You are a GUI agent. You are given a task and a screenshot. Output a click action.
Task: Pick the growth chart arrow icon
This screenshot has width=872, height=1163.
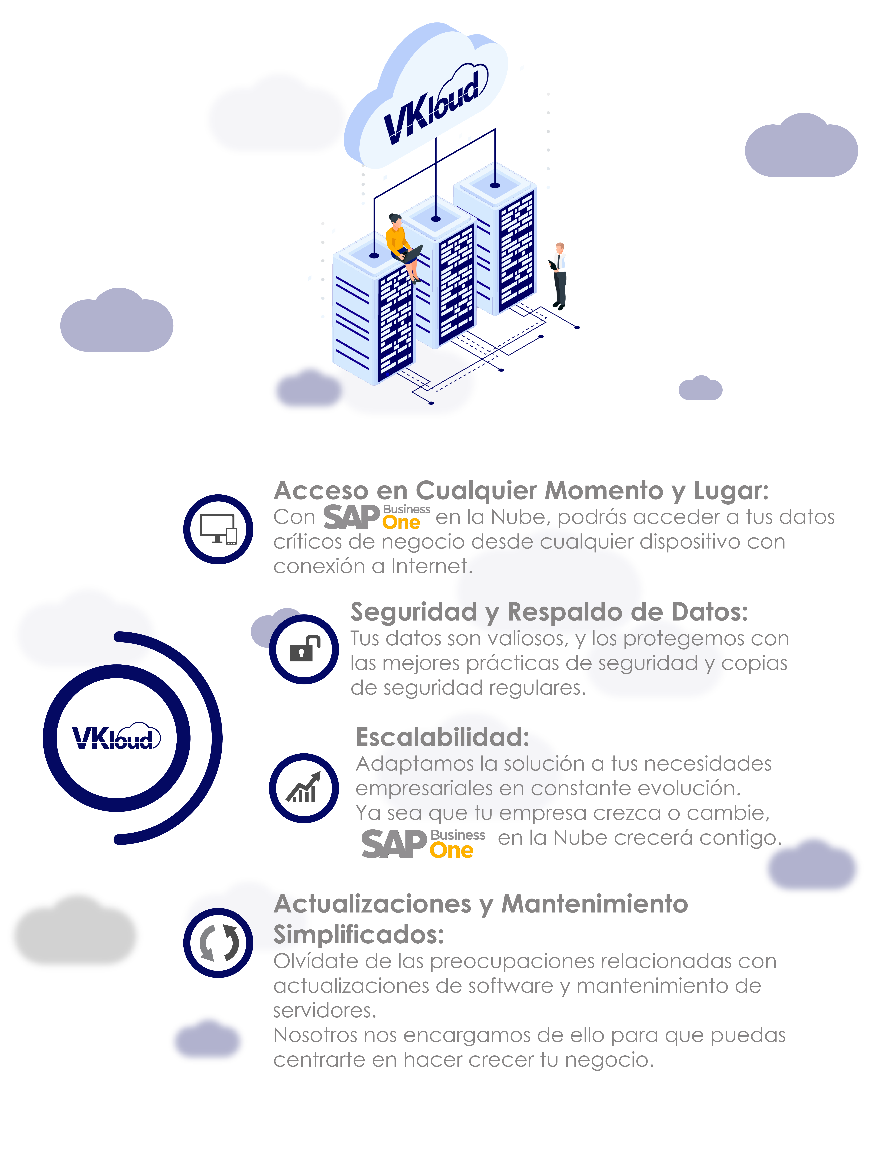[x=304, y=787]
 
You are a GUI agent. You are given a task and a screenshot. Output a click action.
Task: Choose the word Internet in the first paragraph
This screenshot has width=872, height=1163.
[x=431, y=566]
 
